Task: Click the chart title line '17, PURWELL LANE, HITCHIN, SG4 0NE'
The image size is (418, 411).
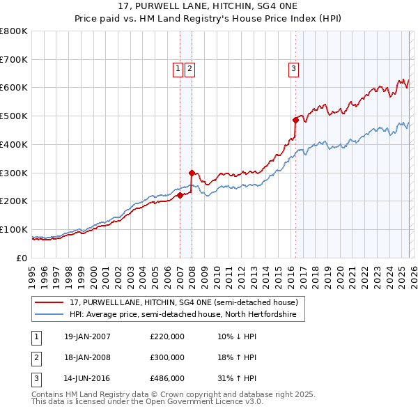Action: (209, 7)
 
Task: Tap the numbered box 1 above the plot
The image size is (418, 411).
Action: (178, 68)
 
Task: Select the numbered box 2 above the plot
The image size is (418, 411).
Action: (189, 68)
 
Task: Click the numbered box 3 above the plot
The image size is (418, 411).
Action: (294, 68)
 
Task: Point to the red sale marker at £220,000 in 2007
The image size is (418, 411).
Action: (180, 195)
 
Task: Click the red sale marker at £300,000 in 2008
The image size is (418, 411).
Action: (192, 172)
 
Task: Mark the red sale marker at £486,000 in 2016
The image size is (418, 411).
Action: (295, 120)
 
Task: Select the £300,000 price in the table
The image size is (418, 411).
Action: (167, 357)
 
